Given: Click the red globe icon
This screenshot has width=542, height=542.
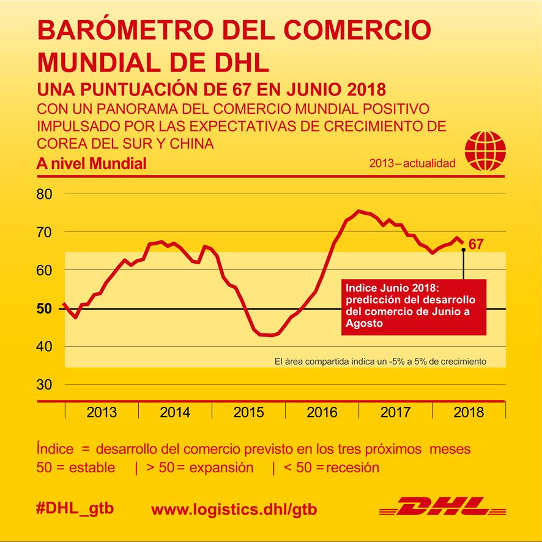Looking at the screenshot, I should click(x=485, y=150).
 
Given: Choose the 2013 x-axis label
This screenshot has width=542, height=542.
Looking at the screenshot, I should click(x=102, y=412).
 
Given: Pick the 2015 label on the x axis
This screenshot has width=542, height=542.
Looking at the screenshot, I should click(x=248, y=412).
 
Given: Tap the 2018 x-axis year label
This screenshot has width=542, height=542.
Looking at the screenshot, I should click(x=469, y=412).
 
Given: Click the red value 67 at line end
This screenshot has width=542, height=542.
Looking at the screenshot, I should click(x=476, y=245).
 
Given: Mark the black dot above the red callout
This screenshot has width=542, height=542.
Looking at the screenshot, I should click(x=463, y=250).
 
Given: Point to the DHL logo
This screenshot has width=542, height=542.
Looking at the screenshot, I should click(x=442, y=507).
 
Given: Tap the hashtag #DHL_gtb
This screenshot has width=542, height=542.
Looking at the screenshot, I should click(x=75, y=508).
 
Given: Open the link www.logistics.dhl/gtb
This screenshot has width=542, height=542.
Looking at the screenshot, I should click(x=234, y=509).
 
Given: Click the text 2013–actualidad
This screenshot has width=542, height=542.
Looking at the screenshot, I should click(x=413, y=164).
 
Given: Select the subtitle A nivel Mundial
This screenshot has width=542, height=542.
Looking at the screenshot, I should click(x=91, y=164).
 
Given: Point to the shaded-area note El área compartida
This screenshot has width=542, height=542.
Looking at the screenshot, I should click(x=380, y=362).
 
